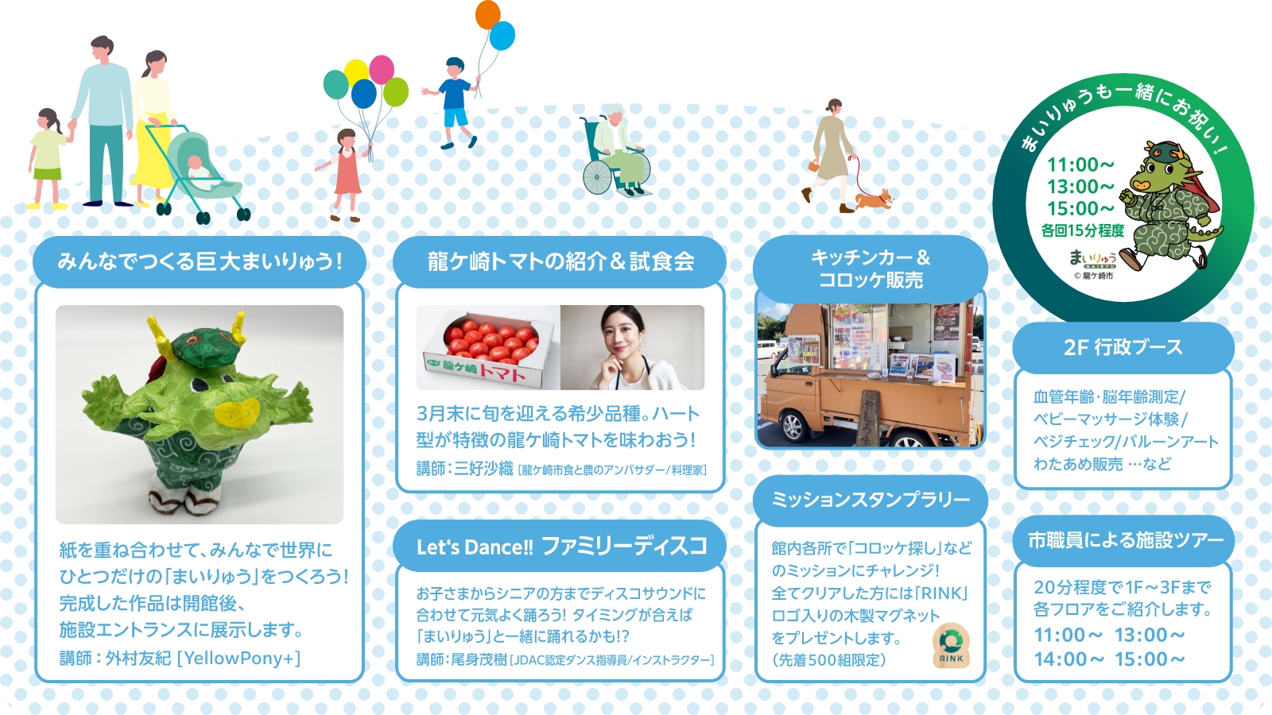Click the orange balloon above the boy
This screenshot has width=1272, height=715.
[x=488, y=15]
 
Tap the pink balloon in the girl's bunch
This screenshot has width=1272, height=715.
[x=382, y=69]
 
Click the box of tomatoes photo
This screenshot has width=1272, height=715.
[x=488, y=347]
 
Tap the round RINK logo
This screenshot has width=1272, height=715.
[x=951, y=646]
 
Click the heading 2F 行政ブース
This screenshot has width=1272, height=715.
[x=1123, y=347]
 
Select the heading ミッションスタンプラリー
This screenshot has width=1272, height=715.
[x=870, y=500]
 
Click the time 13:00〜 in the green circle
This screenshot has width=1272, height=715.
[x=1080, y=186]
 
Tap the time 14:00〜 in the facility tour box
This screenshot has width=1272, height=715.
[x=1068, y=659]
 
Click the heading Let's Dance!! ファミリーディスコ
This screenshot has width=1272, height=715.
[x=561, y=547]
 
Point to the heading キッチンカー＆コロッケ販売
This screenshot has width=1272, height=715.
[x=871, y=269]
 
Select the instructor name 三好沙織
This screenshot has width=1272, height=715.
[x=483, y=469]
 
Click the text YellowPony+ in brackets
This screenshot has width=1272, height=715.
[x=239, y=659]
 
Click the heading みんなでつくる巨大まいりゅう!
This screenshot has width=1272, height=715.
[x=200, y=261]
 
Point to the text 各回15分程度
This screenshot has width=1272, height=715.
[x=1082, y=230]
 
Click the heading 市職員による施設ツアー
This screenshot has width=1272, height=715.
[x=1125, y=539]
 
